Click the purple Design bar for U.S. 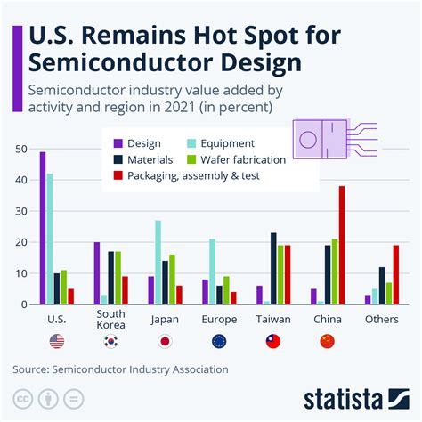click(43, 228)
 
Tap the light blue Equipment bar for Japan click(158, 262)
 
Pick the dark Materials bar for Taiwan click(273, 268)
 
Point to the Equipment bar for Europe click(212, 272)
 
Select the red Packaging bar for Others click(395, 274)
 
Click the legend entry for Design click(142, 142)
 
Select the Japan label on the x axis click(164, 317)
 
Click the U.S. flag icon click(58, 341)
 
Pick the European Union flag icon click(218, 341)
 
